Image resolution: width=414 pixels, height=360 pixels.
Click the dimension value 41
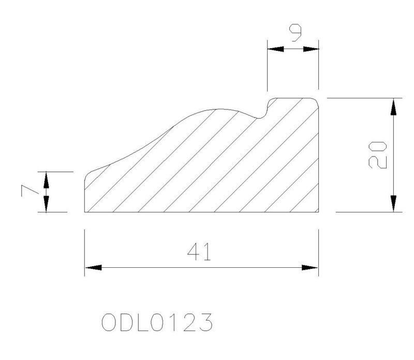click(x=199, y=252)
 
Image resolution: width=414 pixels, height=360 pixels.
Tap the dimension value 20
click(x=378, y=155)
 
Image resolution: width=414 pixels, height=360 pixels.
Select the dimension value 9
click(x=295, y=33)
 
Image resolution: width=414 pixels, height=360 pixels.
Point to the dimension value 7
click(x=30, y=190)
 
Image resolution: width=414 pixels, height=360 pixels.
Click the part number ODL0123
click(x=157, y=322)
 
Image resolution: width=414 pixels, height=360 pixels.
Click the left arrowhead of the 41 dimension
click(x=94, y=267)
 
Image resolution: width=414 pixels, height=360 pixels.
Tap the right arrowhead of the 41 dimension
click(x=309, y=267)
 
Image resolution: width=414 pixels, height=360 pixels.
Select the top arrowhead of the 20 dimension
click(x=393, y=107)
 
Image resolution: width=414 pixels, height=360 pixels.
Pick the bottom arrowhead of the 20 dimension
click(x=393, y=204)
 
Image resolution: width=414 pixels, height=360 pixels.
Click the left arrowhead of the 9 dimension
click(x=276, y=49)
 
